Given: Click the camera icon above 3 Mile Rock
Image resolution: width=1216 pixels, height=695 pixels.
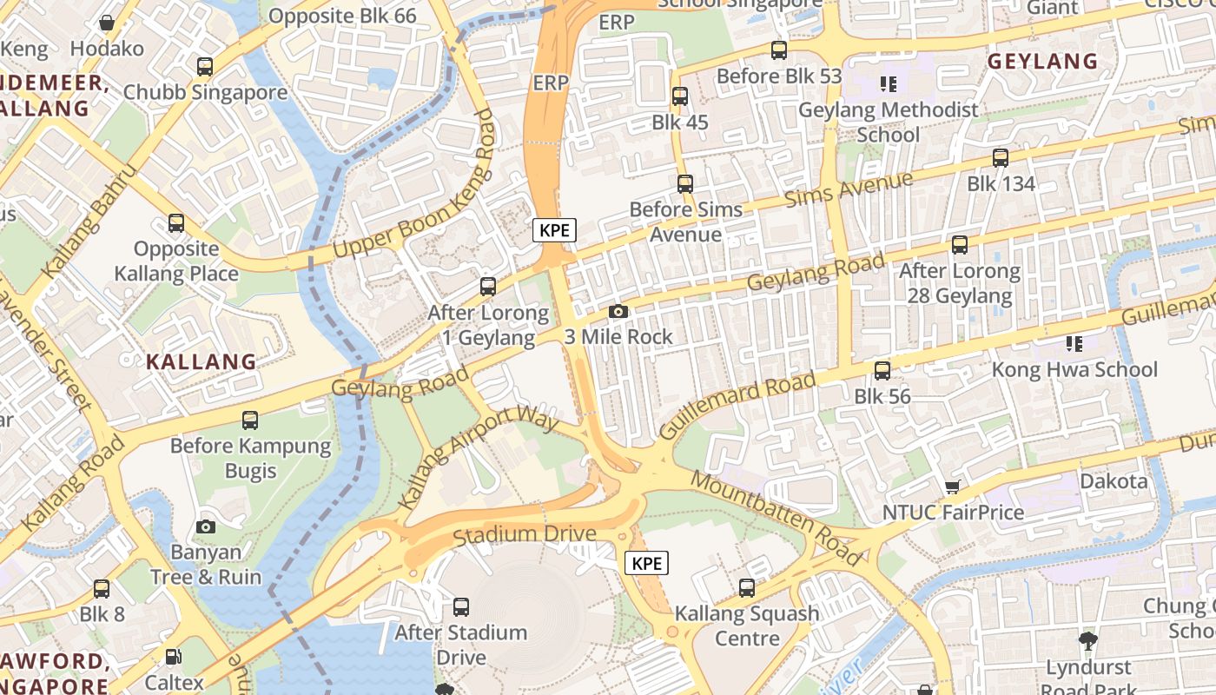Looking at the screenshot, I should click(x=618, y=311).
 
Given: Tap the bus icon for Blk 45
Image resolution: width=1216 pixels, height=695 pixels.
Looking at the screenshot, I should click(x=680, y=96).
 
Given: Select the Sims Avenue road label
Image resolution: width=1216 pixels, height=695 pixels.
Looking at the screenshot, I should click(x=849, y=189).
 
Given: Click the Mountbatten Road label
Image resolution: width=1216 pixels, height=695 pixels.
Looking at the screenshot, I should click(x=777, y=518).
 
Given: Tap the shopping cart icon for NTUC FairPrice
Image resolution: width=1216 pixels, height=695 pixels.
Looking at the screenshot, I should click(x=953, y=487).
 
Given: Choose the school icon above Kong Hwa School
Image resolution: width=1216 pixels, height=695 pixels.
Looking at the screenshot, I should click(x=1074, y=344).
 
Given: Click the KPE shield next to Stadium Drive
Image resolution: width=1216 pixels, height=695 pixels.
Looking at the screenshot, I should click(x=646, y=563).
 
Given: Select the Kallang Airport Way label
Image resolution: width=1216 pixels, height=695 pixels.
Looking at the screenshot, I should click(x=477, y=455).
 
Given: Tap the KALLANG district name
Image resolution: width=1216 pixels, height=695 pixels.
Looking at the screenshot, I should click(x=201, y=361).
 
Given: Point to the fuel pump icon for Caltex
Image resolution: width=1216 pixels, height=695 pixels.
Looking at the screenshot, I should click(x=174, y=658).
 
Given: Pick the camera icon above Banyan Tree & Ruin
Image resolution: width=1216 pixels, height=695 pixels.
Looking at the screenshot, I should click(x=206, y=526).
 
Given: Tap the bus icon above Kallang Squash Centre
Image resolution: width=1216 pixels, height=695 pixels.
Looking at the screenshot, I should click(x=747, y=588).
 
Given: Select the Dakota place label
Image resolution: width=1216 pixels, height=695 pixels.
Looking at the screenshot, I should click(x=1114, y=480).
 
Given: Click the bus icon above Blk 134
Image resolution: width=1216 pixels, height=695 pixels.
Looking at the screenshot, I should click(x=1001, y=158).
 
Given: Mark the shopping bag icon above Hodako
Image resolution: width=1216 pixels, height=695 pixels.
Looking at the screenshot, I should click(x=107, y=23).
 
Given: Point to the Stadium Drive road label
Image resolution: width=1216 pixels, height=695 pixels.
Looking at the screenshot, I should click(x=524, y=533).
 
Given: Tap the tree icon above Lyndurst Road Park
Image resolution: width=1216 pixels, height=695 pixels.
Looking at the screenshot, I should click(x=1087, y=642).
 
